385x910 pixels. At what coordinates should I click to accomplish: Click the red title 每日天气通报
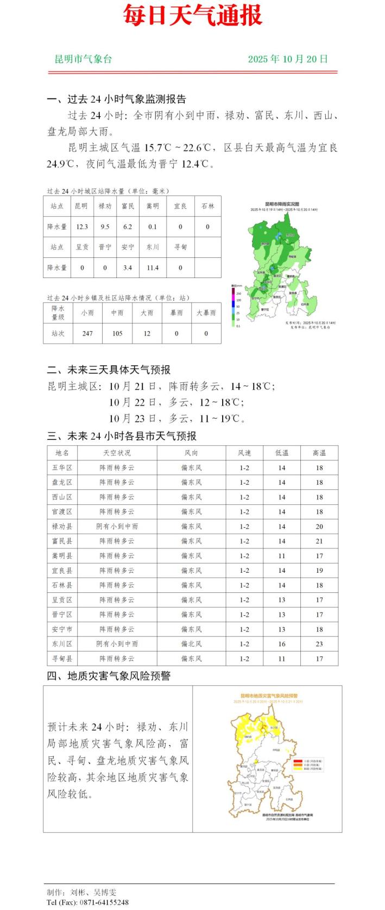click(192, 15)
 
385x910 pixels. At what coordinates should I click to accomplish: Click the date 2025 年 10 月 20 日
click(288, 59)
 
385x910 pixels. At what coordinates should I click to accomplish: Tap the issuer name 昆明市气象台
click(83, 59)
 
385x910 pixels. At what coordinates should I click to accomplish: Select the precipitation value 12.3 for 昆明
click(82, 227)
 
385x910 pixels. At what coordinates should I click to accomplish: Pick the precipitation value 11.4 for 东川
click(153, 268)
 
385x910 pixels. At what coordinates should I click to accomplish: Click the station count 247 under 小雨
click(87, 333)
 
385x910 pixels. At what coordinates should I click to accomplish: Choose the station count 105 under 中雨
click(117, 333)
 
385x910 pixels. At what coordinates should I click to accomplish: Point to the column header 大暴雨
click(206, 313)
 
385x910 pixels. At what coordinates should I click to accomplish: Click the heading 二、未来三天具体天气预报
click(109, 370)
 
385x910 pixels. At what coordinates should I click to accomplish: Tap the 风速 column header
click(244, 453)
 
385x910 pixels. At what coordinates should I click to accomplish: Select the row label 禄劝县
click(62, 526)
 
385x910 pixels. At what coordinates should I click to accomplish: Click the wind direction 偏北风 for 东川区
click(191, 644)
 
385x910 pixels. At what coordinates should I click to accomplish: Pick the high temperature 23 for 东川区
click(319, 644)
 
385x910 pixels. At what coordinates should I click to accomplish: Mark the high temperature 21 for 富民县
click(319, 541)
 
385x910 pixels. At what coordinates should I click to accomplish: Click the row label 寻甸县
click(62, 659)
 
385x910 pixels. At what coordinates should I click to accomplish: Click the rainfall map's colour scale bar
click(233, 306)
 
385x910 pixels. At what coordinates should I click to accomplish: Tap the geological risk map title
click(269, 696)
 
